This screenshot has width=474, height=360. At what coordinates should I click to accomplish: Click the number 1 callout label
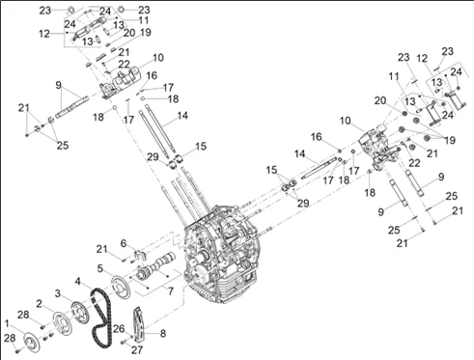(7, 323)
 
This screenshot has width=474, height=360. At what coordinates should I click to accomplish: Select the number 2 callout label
(39, 303)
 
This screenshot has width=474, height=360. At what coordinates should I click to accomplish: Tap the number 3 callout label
(58, 293)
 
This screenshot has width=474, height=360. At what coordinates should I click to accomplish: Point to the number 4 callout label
(78, 281)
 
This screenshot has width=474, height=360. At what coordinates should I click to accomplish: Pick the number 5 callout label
(100, 268)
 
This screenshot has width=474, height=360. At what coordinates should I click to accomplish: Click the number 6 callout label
(124, 243)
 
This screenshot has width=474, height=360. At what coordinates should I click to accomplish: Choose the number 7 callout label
(171, 291)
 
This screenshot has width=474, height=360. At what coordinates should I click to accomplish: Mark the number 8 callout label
(163, 333)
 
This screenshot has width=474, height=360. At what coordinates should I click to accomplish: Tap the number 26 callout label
(119, 328)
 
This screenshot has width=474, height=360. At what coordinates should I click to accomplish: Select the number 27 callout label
(137, 349)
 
